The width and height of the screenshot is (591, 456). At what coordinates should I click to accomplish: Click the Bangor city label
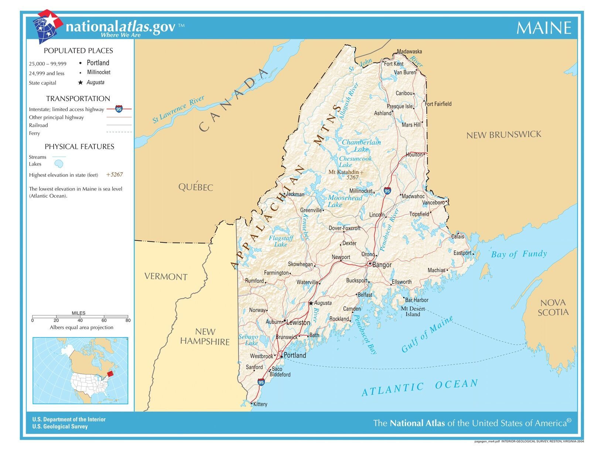point(382,265)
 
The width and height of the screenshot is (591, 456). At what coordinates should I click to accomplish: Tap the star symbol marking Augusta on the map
point(311,303)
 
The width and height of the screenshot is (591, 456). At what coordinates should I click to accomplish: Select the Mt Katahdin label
point(344,172)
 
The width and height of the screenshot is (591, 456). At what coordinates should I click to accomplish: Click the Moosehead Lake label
point(345,201)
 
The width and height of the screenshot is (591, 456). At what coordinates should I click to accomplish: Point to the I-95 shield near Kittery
point(261,382)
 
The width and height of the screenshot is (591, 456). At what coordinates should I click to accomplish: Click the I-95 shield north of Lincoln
point(387,191)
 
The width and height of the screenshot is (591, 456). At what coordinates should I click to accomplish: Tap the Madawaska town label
point(409,52)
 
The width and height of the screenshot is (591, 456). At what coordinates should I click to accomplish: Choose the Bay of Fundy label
point(519,254)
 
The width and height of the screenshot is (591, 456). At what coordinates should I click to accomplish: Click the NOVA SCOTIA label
point(553,307)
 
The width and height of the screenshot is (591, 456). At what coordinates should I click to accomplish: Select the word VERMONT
point(166,276)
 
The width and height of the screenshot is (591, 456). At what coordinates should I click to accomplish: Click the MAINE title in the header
point(543,28)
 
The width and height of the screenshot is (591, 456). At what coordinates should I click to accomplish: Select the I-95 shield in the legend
point(119,109)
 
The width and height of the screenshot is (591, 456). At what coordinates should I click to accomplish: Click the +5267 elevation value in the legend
point(115,175)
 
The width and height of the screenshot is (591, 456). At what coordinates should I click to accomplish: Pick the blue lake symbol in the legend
point(58,163)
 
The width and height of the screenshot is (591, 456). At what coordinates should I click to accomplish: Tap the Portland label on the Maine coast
point(295,355)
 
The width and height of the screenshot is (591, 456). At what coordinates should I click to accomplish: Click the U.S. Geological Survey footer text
point(60,426)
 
